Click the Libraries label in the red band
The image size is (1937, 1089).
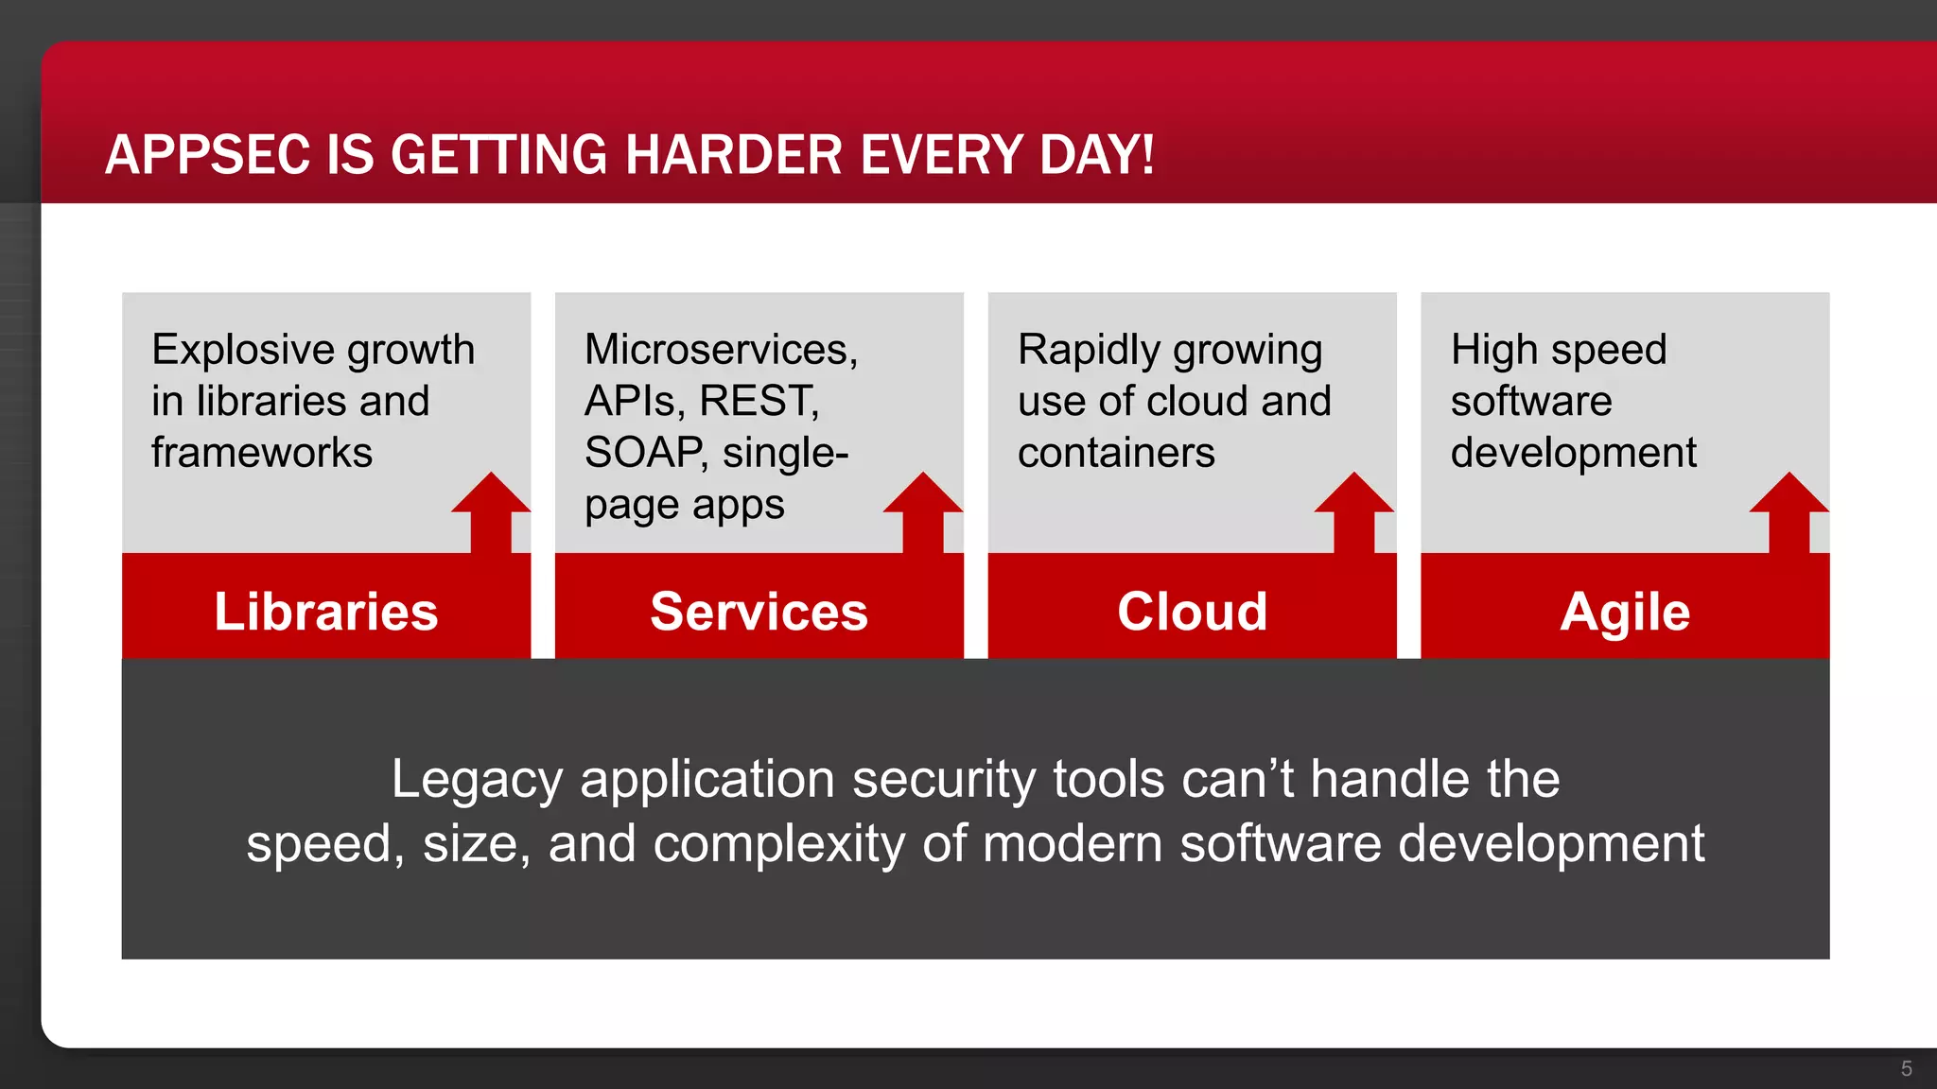click(x=326, y=612)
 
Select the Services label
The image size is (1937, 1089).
click(x=759, y=612)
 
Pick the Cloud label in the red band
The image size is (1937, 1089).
click(x=1192, y=612)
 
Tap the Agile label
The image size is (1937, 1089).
click(x=1625, y=612)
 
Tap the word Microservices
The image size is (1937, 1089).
click(x=720, y=350)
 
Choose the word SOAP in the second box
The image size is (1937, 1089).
click(x=644, y=453)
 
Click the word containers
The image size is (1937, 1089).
click(x=1116, y=453)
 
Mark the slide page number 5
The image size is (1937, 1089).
click(x=1907, y=1068)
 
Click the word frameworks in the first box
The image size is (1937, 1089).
click(x=262, y=453)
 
